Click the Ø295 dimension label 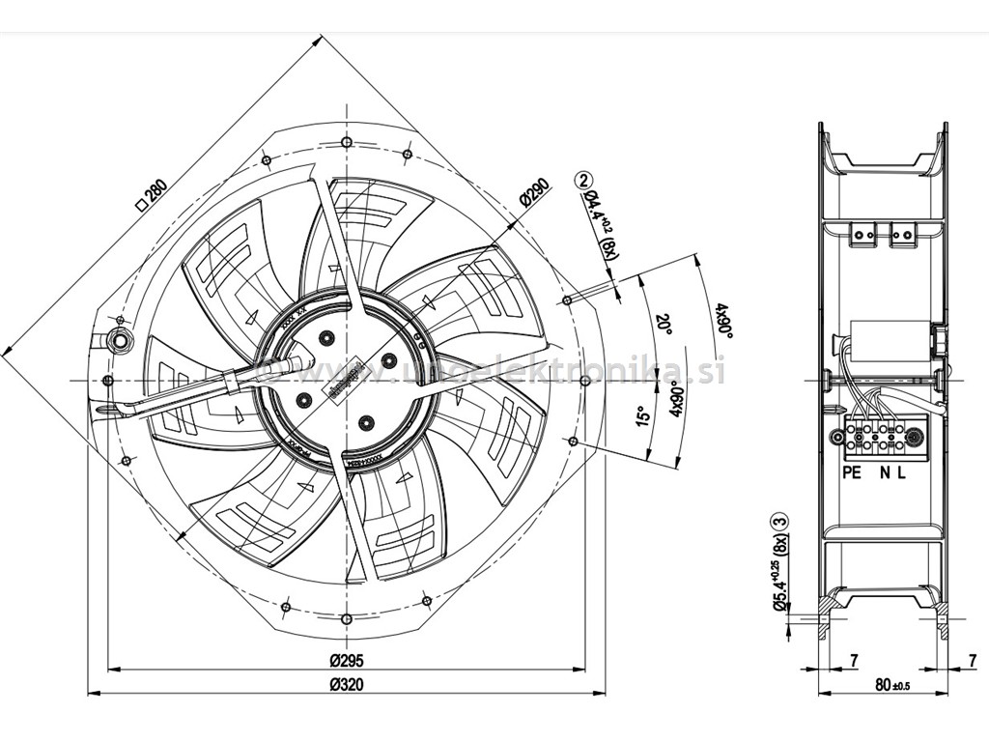pyautogui.click(x=345, y=661)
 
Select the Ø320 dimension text pyautogui.click(x=345, y=685)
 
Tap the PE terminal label pyautogui.click(x=851, y=472)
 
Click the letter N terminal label pyautogui.click(x=884, y=472)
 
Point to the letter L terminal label pyautogui.click(x=901, y=472)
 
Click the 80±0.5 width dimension pyautogui.click(x=892, y=686)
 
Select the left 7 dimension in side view pyautogui.click(x=854, y=660)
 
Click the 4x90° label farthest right pyautogui.click(x=722, y=321)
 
